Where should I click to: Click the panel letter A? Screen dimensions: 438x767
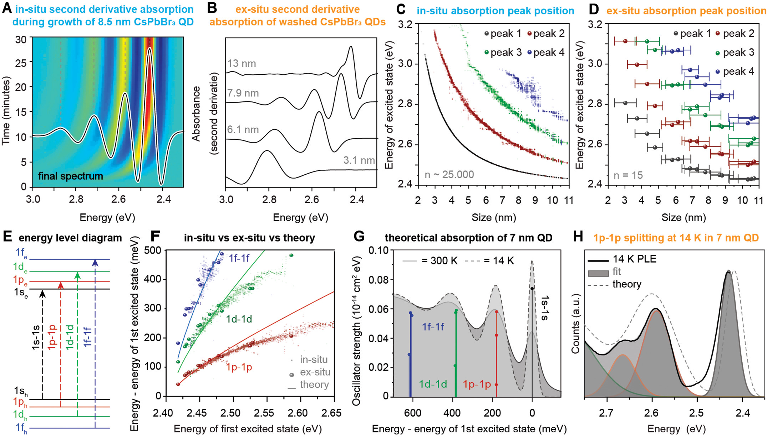click(x=6, y=8)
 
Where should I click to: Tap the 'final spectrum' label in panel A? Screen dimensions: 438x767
click(x=70, y=176)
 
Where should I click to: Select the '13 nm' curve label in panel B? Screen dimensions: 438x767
click(x=242, y=64)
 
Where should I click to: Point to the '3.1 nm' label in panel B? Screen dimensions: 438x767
click(x=359, y=160)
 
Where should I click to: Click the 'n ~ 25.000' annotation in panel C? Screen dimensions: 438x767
click(x=449, y=175)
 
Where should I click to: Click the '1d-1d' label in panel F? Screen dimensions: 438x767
click(x=239, y=319)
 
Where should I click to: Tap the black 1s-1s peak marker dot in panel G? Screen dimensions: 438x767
click(x=532, y=289)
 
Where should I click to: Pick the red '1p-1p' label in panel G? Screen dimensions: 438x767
click(x=477, y=384)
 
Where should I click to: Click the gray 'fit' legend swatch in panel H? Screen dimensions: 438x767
click(x=598, y=273)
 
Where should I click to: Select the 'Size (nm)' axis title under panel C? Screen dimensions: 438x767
click(x=494, y=218)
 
